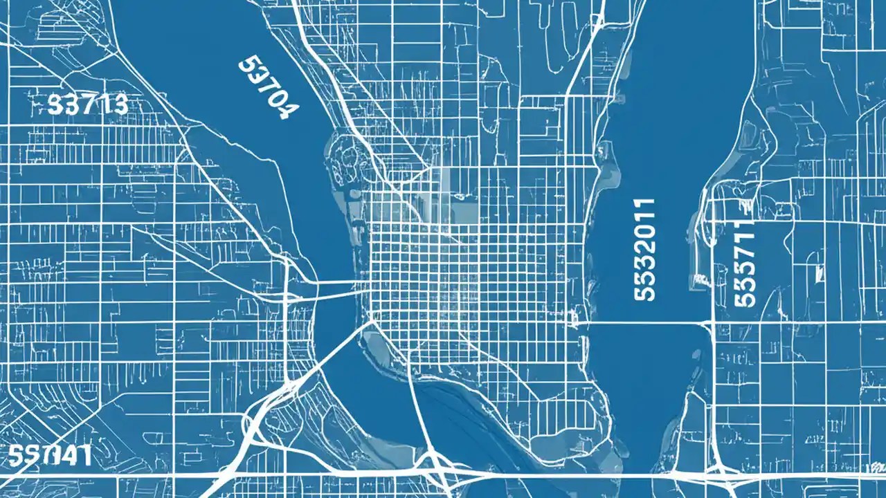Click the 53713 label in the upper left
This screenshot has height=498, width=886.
(88, 104)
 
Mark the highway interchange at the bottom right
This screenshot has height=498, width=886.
(720, 470)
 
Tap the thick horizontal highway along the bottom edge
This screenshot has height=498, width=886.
(554, 475)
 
